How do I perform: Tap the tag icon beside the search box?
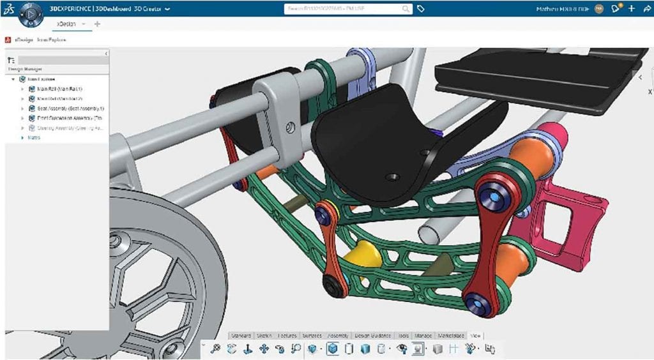tap(421, 9)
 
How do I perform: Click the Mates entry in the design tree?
tap(34, 137)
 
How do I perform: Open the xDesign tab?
tap(66, 24)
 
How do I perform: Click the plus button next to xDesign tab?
tap(97, 24)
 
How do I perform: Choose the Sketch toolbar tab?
tap(264, 335)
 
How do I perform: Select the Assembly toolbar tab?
tap(337, 335)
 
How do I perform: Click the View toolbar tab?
tap(476, 335)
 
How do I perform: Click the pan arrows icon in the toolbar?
tap(262, 349)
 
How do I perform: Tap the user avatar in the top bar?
tap(598, 9)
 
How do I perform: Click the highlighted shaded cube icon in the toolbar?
tap(332, 349)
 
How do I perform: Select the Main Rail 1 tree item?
tap(60, 89)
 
